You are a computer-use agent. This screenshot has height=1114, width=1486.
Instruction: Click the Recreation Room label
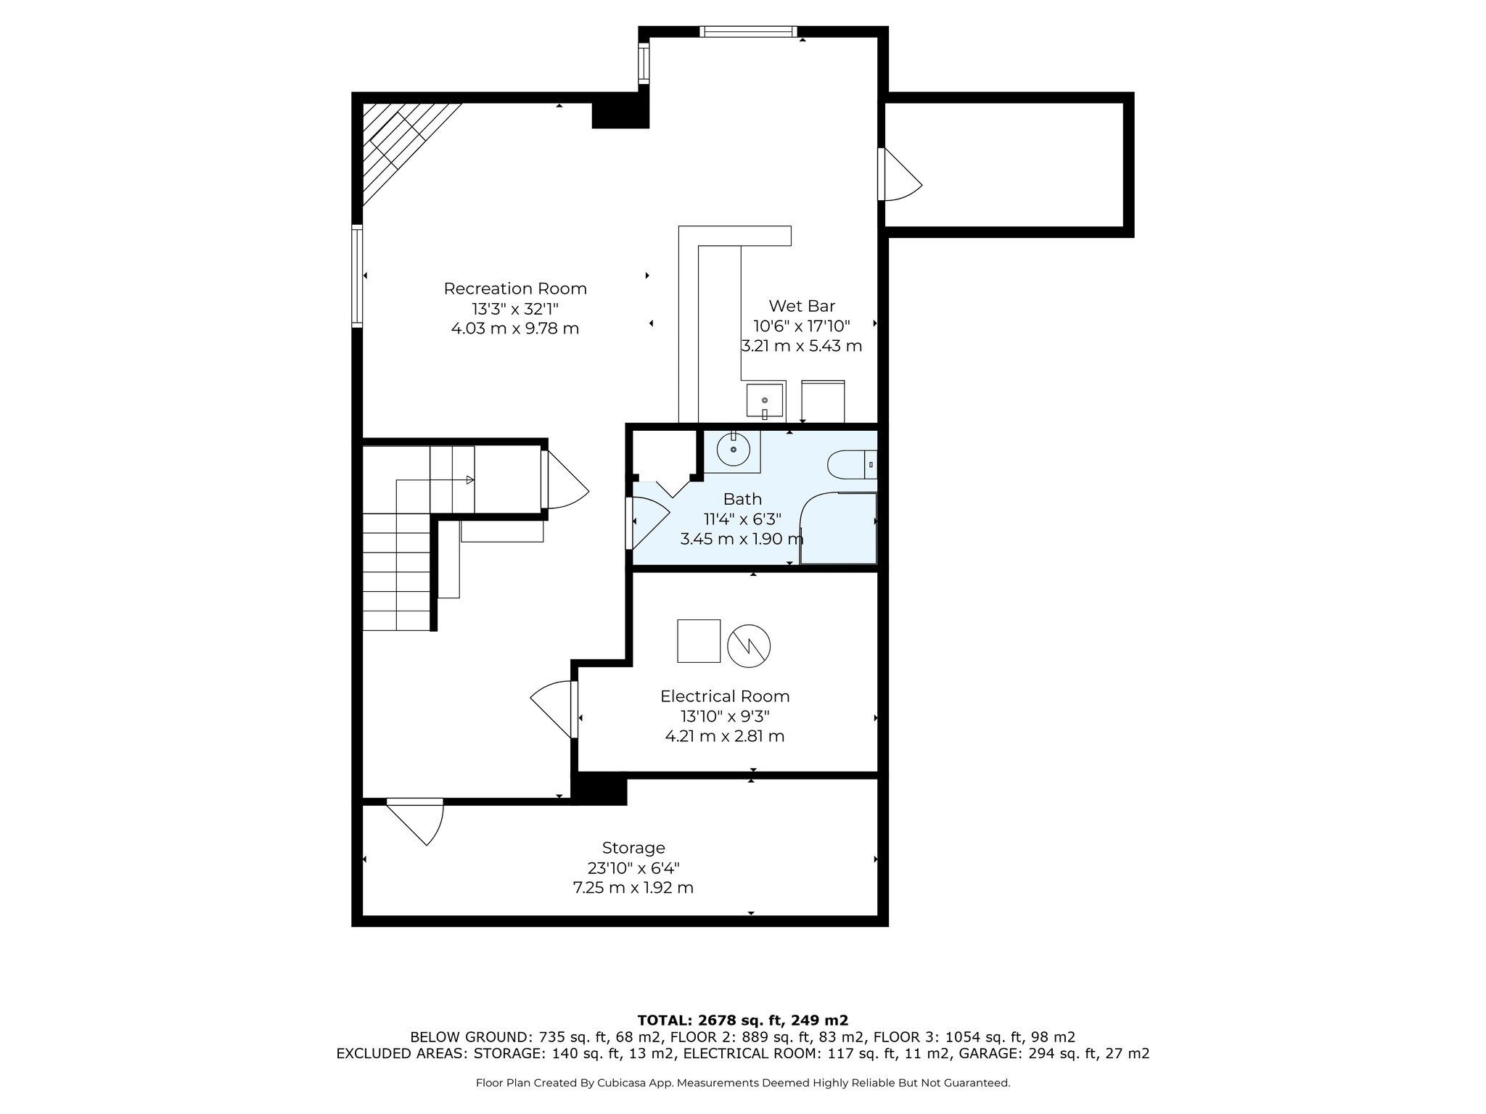pos(515,289)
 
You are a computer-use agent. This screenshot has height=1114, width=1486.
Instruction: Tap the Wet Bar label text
pos(802,306)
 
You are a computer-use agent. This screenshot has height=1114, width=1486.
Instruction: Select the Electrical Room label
pos(725,696)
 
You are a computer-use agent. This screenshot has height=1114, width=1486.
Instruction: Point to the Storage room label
pos(633,848)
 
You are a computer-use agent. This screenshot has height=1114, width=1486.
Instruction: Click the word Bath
pos(742,499)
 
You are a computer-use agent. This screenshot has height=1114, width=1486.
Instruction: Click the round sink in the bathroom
pos(734,450)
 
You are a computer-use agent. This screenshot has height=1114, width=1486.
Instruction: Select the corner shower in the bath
pos(838,528)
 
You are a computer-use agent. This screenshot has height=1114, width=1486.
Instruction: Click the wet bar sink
pos(765,401)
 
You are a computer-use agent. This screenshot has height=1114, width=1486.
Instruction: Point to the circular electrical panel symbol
pos(749,645)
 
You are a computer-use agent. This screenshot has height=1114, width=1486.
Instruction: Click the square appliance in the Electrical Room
pos(699,641)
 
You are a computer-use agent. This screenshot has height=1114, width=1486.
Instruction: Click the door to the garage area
pos(900,174)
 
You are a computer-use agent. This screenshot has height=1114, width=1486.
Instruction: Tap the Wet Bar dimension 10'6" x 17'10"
pos(802,326)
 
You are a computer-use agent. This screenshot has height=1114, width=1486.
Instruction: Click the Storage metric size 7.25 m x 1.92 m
pos(633,888)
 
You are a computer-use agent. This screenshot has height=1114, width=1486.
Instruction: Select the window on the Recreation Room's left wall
pos(357,276)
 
